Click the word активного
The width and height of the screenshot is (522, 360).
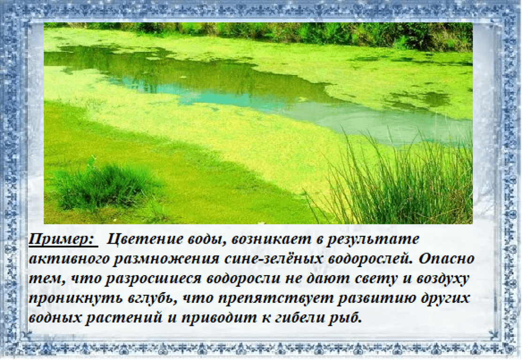click(x=68, y=259)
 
